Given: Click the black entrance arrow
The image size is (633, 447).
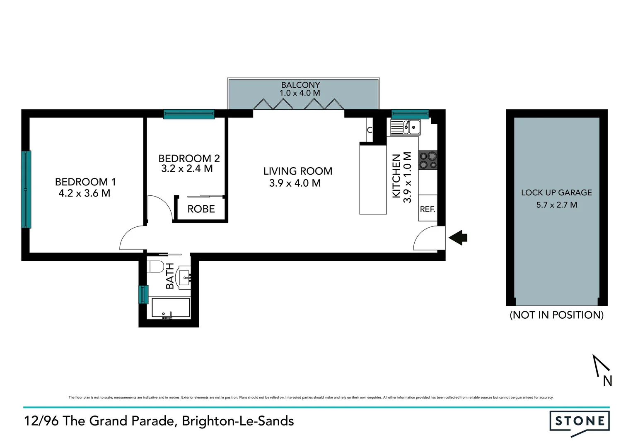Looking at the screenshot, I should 458,238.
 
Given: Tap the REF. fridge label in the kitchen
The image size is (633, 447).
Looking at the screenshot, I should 428,209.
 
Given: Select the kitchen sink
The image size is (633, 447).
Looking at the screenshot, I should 406,127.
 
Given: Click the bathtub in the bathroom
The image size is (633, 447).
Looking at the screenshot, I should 171,308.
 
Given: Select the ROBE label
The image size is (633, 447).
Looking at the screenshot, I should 201,209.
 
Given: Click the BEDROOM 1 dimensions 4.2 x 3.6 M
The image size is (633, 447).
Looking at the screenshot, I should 85,193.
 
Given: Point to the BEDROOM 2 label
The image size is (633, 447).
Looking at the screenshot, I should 189,159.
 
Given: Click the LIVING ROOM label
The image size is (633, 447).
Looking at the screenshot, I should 298,171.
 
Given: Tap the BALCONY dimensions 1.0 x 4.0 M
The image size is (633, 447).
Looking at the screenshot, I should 300,93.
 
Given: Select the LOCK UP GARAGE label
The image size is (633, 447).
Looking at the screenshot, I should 556,192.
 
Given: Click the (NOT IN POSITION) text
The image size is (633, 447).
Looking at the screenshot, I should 556,315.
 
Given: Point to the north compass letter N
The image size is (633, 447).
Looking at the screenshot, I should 607,381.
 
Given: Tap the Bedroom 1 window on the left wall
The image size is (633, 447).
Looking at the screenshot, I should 27,189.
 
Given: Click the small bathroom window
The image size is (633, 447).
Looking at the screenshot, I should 143,294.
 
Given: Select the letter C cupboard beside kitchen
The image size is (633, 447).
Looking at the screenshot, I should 370,130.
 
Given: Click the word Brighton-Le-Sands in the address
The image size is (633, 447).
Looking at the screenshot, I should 238,421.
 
